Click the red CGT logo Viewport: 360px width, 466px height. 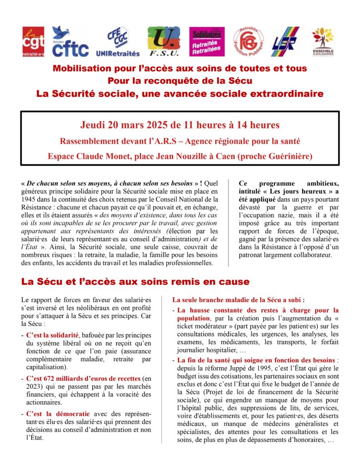click(34, 41)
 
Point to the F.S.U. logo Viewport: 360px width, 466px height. click(163, 41)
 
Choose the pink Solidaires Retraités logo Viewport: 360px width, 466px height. click(207, 41)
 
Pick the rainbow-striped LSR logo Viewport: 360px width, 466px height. click(285, 41)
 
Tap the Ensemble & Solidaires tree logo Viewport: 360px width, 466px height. click(323, 41)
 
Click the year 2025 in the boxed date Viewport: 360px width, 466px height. click(147, 124)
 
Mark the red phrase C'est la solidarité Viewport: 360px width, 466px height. click(52, 335)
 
